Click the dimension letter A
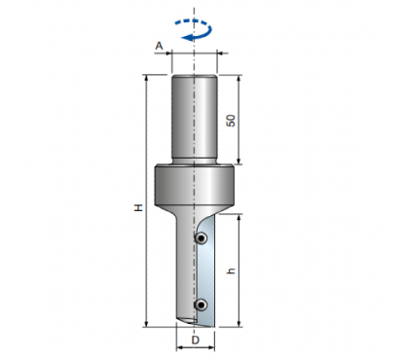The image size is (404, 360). click(159, 46)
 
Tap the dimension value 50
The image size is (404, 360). click(231, 121)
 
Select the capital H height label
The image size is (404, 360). click(139, 208)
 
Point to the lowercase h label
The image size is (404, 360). click(231, 270)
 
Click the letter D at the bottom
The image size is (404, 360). click(196, 341)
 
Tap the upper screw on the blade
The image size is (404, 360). click(202, 238)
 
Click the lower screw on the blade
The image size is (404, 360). click(202, 305)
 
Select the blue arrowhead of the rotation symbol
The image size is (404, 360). click(188, 38)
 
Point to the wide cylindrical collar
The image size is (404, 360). click(194, 186)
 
